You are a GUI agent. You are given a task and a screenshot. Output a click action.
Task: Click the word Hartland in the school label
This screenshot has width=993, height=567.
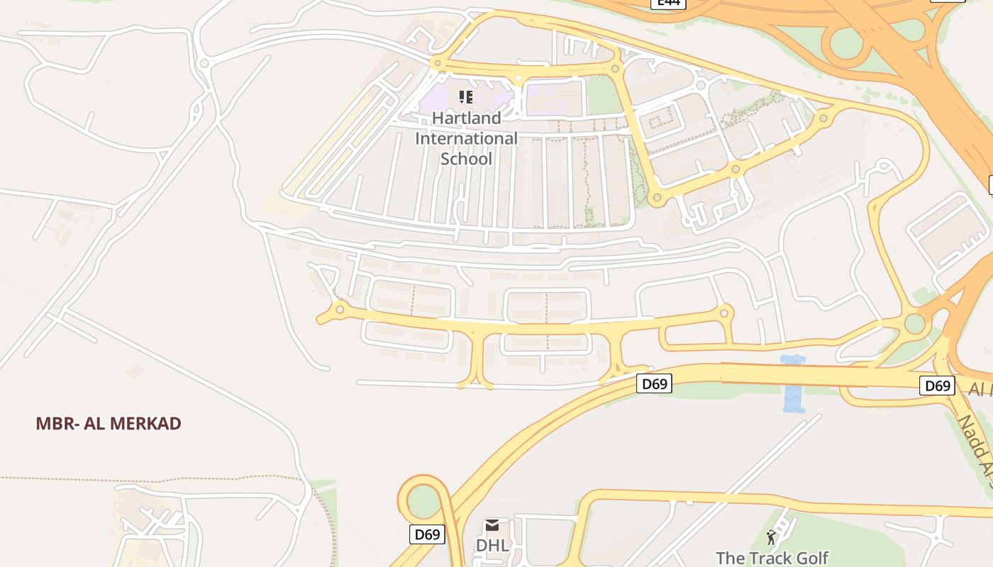click(466, 118)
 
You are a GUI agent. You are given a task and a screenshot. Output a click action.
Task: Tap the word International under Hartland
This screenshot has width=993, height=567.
click(466, 138)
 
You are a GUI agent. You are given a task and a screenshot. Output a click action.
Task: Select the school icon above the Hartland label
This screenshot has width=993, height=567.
click(465, 96)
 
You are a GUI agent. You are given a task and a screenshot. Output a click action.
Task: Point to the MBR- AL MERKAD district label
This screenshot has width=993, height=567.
click(109, 424)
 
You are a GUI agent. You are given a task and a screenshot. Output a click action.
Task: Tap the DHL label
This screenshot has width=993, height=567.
click(492, 545)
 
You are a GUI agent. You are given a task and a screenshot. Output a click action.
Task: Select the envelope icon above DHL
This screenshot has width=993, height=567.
click(492, 525)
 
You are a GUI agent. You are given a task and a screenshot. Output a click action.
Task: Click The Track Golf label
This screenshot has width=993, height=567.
click(772, 558)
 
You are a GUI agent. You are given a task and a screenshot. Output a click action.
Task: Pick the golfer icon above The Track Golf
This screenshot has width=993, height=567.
click(772, 538)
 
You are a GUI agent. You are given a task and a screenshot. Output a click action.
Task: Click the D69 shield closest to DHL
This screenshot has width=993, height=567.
click(427, 534)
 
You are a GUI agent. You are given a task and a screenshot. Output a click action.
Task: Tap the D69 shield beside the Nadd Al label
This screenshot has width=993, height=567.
click(937, 386)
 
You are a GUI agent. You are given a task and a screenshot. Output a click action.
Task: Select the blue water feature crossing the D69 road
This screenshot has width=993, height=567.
click(794, 383)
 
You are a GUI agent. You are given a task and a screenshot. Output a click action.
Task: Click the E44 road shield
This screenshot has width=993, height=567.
click(668, 3)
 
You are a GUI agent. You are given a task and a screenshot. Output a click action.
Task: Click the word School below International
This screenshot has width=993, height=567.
click(466, 159)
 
